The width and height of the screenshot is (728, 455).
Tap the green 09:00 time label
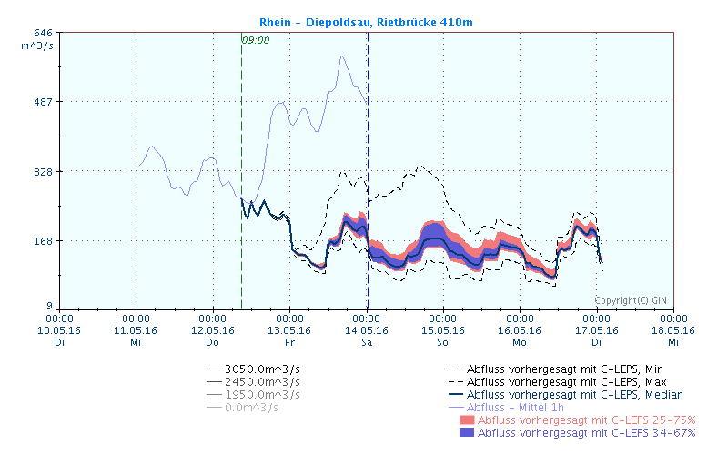[256, 40]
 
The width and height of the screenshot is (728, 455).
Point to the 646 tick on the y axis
[43, 33]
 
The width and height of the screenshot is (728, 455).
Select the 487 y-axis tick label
[43, 102]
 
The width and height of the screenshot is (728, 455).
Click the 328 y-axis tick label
[43, 171]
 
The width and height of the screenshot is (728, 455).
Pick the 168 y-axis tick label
[43, 241]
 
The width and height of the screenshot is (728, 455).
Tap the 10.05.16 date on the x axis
[59, 330]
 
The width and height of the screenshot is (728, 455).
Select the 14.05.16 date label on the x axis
[366, 330]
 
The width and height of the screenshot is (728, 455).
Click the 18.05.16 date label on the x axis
[672, 330]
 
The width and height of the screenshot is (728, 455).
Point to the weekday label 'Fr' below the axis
[289, 342]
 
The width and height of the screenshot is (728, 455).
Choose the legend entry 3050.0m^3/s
[263, 369]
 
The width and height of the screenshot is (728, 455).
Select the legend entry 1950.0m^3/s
[263, 394]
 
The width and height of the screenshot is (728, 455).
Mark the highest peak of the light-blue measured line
[342, 56]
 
